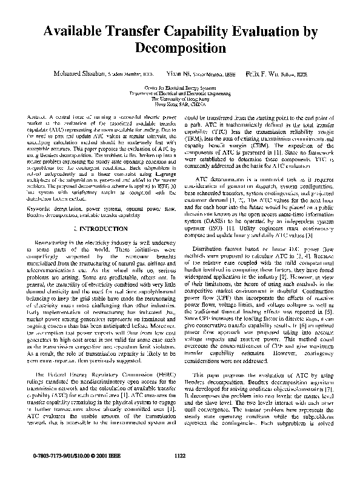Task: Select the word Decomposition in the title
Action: coord(181,47)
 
